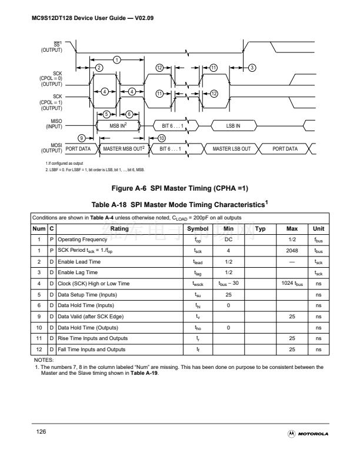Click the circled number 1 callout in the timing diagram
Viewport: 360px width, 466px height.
click(118, 59)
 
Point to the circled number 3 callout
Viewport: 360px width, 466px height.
click(252, 68)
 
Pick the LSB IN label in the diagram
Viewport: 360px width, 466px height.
click(234, 125)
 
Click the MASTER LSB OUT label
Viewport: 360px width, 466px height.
click(232, 149)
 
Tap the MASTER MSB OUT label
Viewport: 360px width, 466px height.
click(124, 149)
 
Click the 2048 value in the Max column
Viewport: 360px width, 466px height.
click(292, 250)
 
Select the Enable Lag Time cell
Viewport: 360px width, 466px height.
click(78, 272)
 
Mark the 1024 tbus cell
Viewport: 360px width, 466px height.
click(292, 284)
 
